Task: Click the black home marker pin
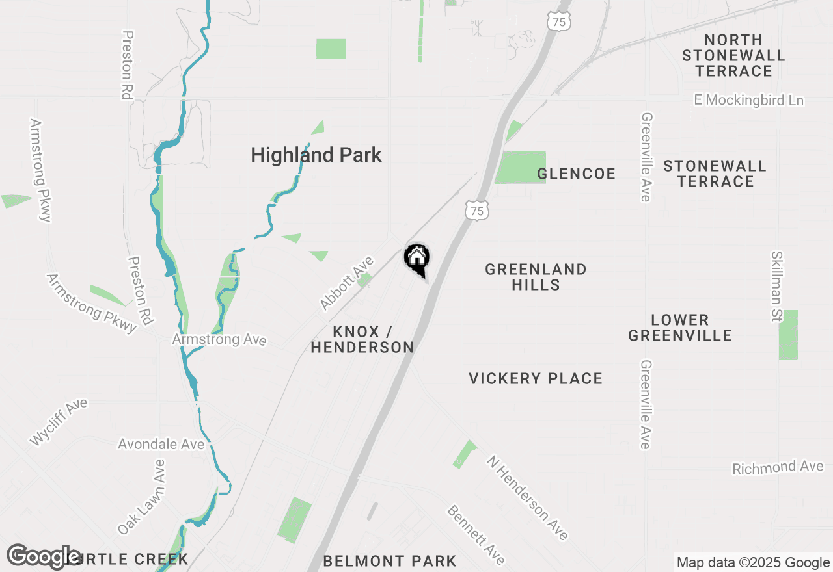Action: pyautogui.click(x=416, y=258)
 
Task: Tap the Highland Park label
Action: pyautogui.click(x=316, y=155)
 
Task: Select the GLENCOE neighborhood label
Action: pyautogui.click(x=577, y=174)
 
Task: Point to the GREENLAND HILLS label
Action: pyautogui.click(x=536, y=277)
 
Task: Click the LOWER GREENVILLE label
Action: pyautogui.click(x=680, y=328)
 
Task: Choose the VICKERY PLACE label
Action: pyautogui.click(x=536, y=378)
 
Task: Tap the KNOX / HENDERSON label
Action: pyautogui.click(x=362, y=339)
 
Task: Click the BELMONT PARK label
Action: pyautogui.click(x=390, y=561)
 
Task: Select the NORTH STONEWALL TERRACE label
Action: pyautogui.click(x=733, y=56)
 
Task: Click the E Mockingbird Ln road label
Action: pyautogui.click(x=748, y=100)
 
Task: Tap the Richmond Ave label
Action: pyautogui.click(x=778, y=467)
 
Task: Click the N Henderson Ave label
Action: pyautogui.click(x=527, y=497)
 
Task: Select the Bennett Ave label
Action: pyautogui.click(x=476, y=534)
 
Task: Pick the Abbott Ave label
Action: pyautogui.click(x=347, y=283)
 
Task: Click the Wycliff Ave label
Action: pyautogui.click(x=59, y=422)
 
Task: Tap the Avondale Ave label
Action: pyautogui.click(x=161, y=445)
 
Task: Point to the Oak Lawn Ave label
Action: pyautogui.click(x=142, y=497)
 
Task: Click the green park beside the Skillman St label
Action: pyautogui.click(x=788, y=335)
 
